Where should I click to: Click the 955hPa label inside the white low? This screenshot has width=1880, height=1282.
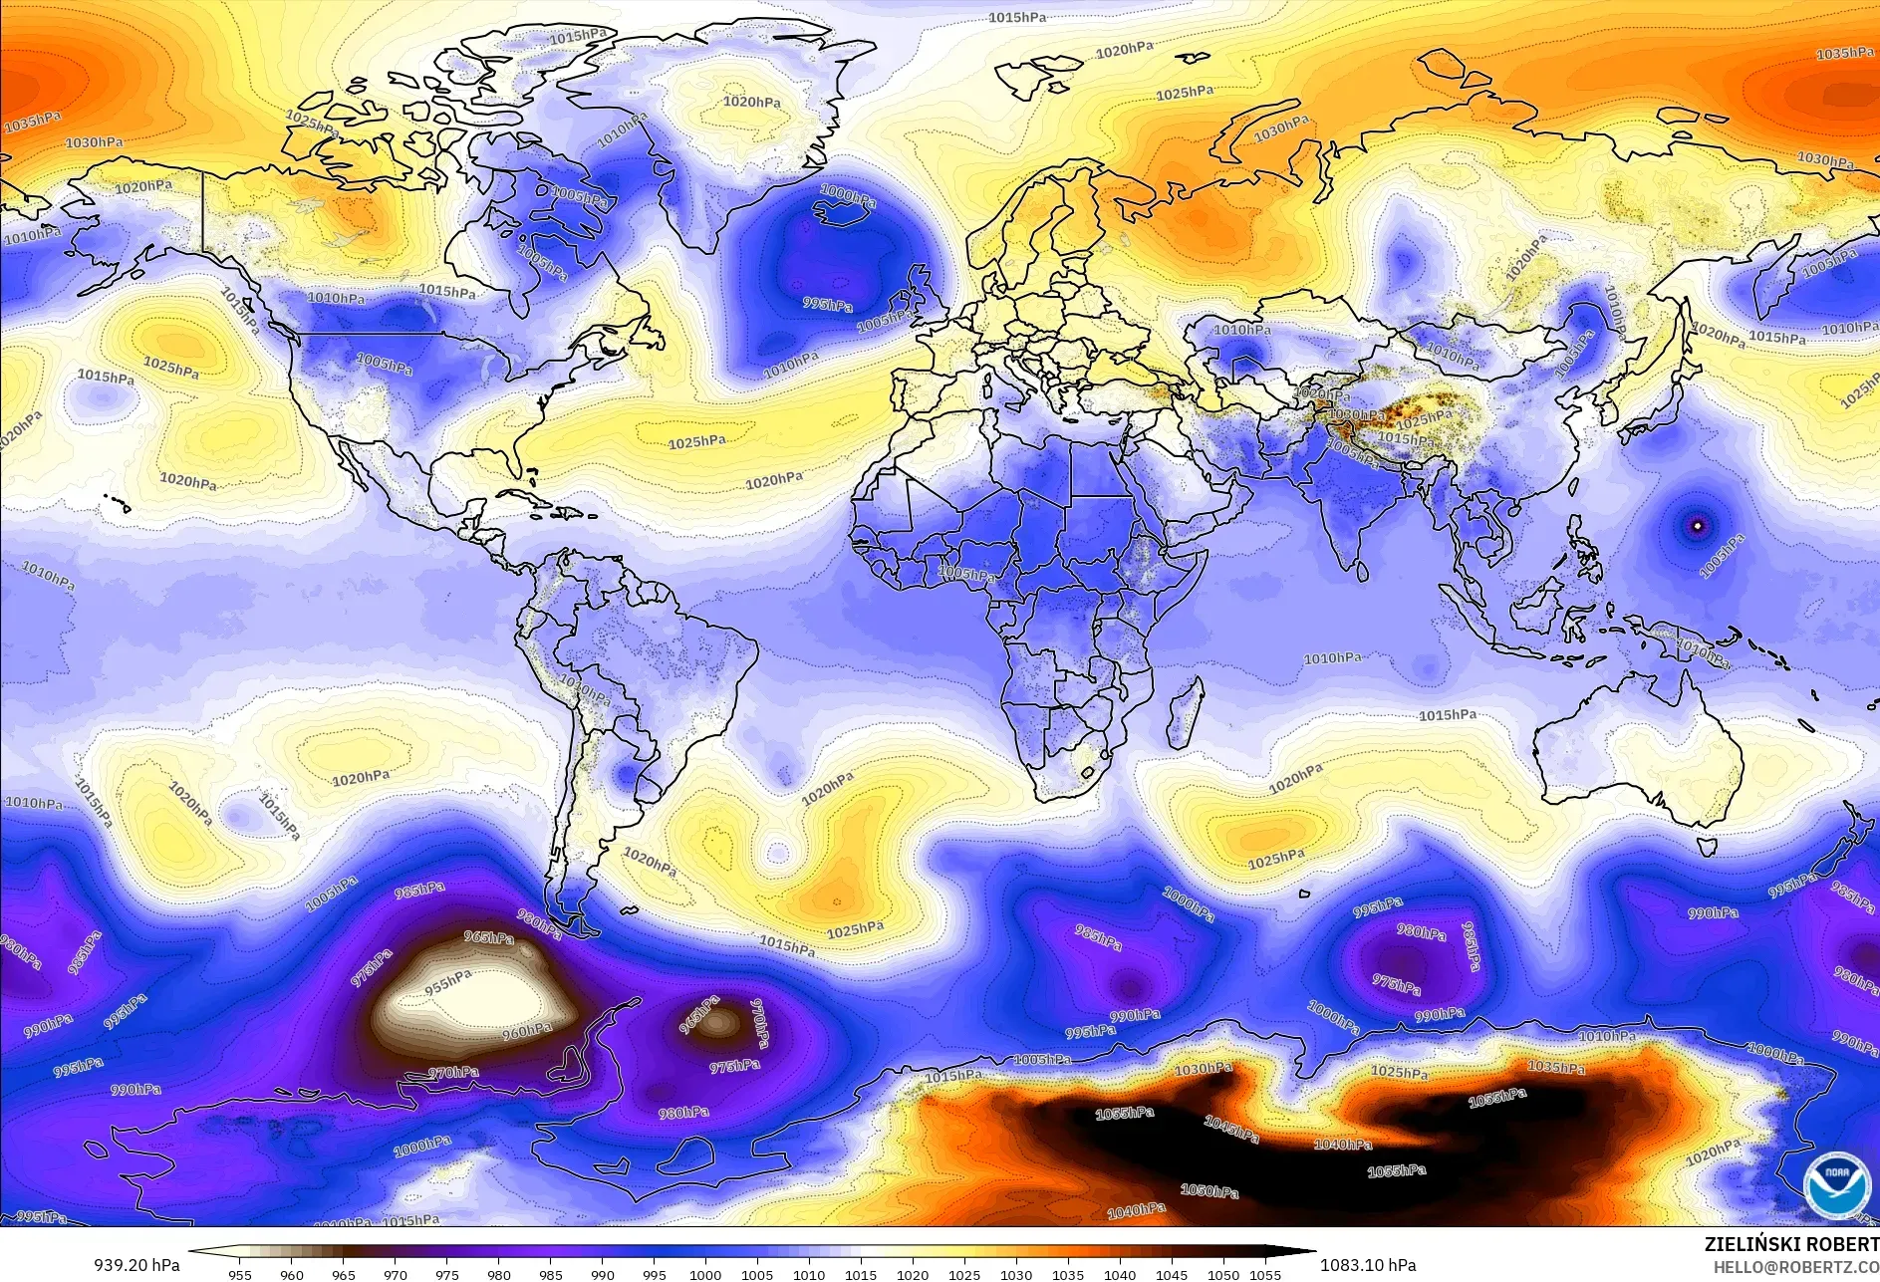[447, 983]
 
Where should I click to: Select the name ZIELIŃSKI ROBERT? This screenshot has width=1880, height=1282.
[1791, 1244]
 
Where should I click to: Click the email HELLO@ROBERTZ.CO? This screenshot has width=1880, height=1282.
[1795, 1266]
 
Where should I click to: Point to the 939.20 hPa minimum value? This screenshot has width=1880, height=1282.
[136, 1265]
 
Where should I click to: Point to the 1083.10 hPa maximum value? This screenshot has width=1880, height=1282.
[1368, 1265]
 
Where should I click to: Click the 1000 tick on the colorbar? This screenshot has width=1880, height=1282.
[705, 1274]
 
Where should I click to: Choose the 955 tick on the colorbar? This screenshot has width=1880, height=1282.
[239, 1274]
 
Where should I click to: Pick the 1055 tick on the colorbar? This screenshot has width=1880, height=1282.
[1265, 1274]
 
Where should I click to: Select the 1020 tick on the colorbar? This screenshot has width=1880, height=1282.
[912, 1274]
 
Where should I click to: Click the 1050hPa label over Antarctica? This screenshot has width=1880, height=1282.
[1209, 1190]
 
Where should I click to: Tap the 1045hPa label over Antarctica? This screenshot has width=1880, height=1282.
[1231, 1129]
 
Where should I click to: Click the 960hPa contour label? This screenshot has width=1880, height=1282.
[526, 1032]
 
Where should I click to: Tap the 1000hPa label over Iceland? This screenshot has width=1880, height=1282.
[848, 194]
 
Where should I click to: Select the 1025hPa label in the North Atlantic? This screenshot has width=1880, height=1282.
[696, 442]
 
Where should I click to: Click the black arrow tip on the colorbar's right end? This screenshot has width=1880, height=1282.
[1305, 1253]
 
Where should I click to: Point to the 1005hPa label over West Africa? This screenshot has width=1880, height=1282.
[966, 575]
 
